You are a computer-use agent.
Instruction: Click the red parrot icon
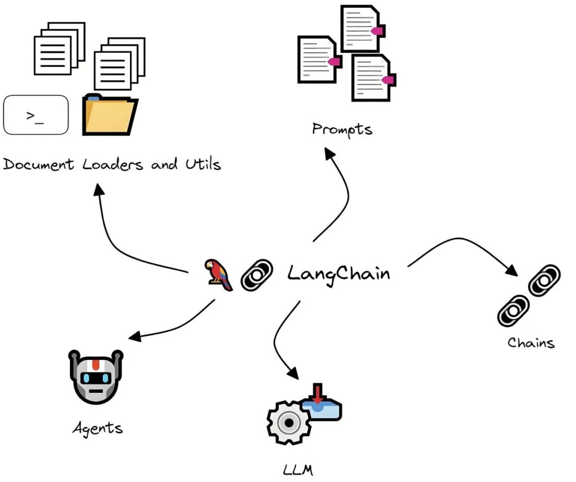(x=218, y=274)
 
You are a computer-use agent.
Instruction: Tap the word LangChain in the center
(x=338, y=273)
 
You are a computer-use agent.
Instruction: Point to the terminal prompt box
(x=36, y=115)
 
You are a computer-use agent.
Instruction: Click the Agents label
(x=98, y=429)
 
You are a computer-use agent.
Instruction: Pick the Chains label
(x=531, y=343)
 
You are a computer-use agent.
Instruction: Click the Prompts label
(x=342, y=128)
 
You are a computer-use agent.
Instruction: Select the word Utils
(x=203, y=164)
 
